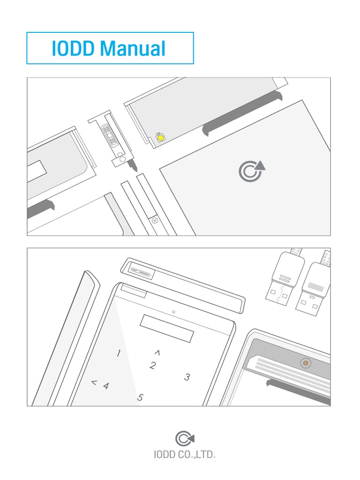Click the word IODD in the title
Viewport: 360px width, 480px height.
tap(73, 48)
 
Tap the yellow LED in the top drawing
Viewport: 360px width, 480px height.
tap(160, 138)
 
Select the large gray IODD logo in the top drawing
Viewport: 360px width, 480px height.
tap(251, 171)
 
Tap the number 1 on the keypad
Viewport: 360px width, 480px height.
tap(119, 353)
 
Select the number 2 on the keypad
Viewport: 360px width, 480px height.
tap(152, 366)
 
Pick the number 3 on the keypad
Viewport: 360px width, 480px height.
tap(187, 377)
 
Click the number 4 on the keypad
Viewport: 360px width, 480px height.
tap(106, 386)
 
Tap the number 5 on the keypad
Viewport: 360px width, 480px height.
tap(140, 397)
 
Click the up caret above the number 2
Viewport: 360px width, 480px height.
tap(157, 352)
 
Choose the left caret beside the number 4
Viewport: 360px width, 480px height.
tap(94, 383)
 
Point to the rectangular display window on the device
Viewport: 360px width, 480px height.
tap(167, 329)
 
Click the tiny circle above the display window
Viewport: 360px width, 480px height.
tap(173, 312)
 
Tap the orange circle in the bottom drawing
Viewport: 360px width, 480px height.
tap(306, 363)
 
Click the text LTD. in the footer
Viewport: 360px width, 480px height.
tap(206, 455)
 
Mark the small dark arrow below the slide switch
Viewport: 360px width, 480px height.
tap(134, 165)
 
